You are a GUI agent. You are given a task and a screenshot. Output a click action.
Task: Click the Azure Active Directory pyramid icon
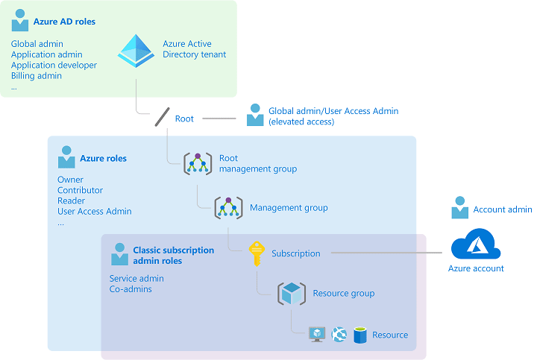pyautogui.click(x=136, y=50)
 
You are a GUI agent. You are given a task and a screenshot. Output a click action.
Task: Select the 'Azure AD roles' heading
pyautogui.click(x=64, y=22)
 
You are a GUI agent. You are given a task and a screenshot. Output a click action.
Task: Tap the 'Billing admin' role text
pyautogui.click(x=37, y=76)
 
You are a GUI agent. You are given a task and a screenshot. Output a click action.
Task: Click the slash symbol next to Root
pyautogui.click(x=162, y=118)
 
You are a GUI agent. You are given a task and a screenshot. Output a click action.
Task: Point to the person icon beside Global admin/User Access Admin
pyautogui.click(x=255, y=116)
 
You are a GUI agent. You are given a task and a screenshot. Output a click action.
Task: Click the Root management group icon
pyautogui.click(x=198, y=163)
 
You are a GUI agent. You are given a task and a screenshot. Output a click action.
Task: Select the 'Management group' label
pyautogui.click(x=289, y=208)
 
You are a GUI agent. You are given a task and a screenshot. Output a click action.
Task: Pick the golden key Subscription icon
pyautogui.click(x=257, y=253)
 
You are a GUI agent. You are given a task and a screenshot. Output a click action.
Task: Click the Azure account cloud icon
pyautogui.click(x=475, y=244)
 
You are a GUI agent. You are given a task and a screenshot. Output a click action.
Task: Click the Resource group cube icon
pyautogui.click(x=291, y=293)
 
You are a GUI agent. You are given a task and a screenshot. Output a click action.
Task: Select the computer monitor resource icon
pyautogui.click(x=317, y=335)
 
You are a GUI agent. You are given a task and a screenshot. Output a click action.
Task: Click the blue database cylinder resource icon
pyautogui.click(x=360, y=335)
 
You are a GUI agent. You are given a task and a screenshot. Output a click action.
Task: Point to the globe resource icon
pyautogui.click(x=339, y=335)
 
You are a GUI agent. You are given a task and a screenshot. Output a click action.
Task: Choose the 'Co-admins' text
pyautogui.click(x=131, y=289)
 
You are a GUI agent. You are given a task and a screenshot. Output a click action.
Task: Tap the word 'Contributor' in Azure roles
pyautogui.click(x=80, y=190)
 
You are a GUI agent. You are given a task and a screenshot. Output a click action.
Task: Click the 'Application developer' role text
pyautogui.click(x=54, y=66)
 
